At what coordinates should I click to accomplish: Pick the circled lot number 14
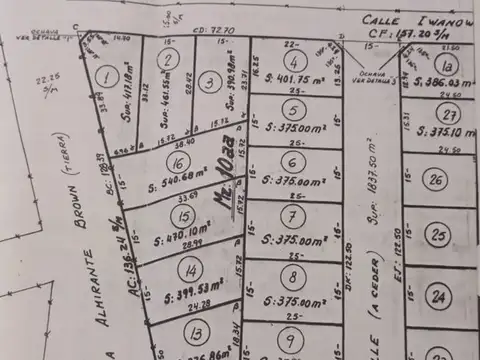pyautogui.click(x=190, y=269)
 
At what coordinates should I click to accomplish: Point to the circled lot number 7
pyautogui.click(x=291, y=216)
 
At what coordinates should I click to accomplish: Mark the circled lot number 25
pyautogui.click(x=438, y=235)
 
